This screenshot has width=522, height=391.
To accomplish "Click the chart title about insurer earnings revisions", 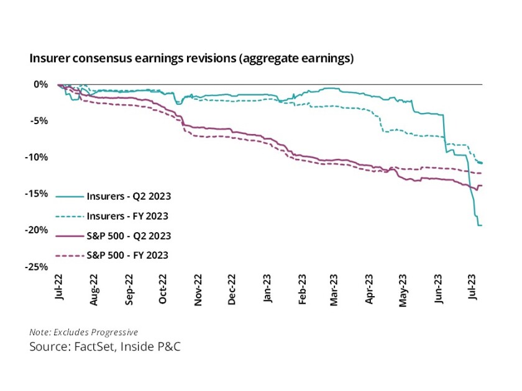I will pyautogui.click(x=191, y=59).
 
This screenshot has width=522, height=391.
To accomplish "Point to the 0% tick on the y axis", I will pyautogui.click(x=40, y=84).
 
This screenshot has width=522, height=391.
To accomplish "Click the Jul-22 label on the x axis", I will pyautogui.click(x=59, y=290).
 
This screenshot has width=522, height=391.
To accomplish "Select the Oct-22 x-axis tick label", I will pyautogui.click(x=163, y=290).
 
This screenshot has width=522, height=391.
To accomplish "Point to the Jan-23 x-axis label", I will pyautogui.click(x=267, y=290).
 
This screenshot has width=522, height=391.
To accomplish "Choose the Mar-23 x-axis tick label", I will pyautogui.click(x=336, y=290).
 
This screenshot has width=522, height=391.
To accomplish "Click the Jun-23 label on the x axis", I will pyautogui.click(x=440, y=290).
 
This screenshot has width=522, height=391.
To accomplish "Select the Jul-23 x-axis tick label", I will pyautogui.click(x=474, y=290).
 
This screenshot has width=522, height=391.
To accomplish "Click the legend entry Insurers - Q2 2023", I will pyautogui.click(x=126, y=196).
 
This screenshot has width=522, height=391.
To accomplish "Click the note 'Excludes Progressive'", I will pyautogui.click(x=83, y=332).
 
